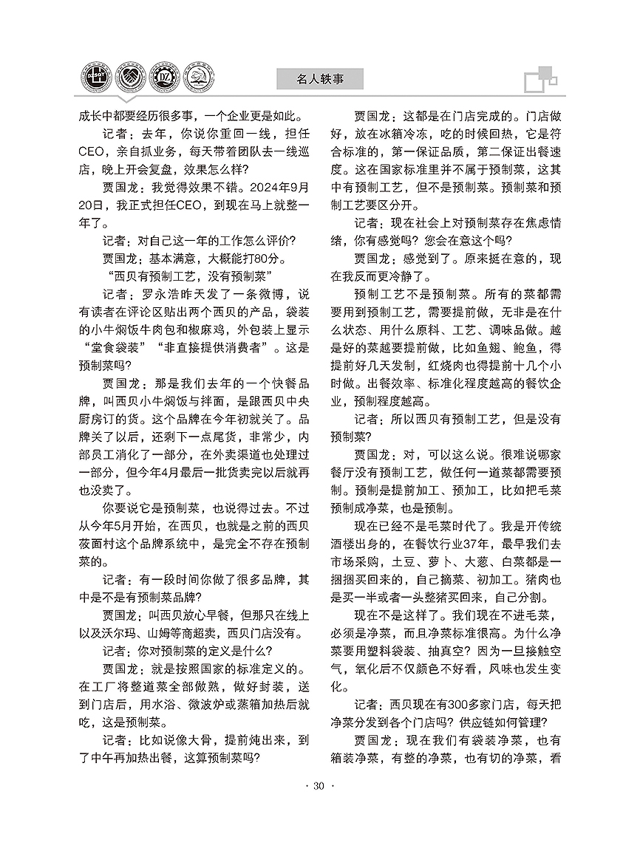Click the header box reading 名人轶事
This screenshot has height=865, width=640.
click(320, 77)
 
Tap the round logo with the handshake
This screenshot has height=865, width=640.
click(131, 76)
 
